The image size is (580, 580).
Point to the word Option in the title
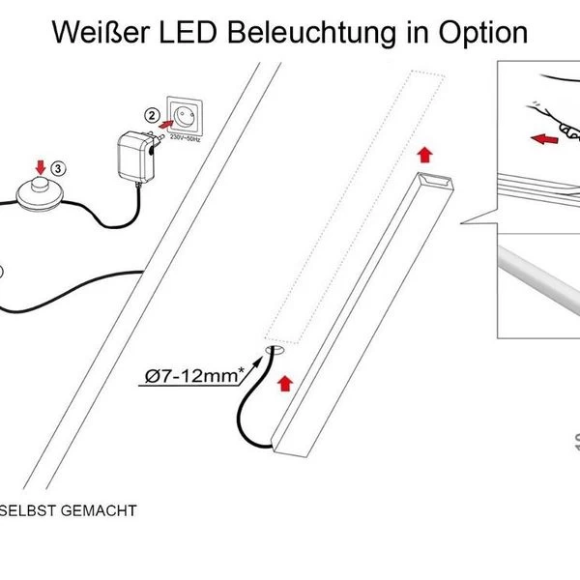click(478, 32)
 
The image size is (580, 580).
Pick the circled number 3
click(60, 167)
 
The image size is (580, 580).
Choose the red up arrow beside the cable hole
click(284, 381)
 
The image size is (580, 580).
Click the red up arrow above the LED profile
click(420, 152)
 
